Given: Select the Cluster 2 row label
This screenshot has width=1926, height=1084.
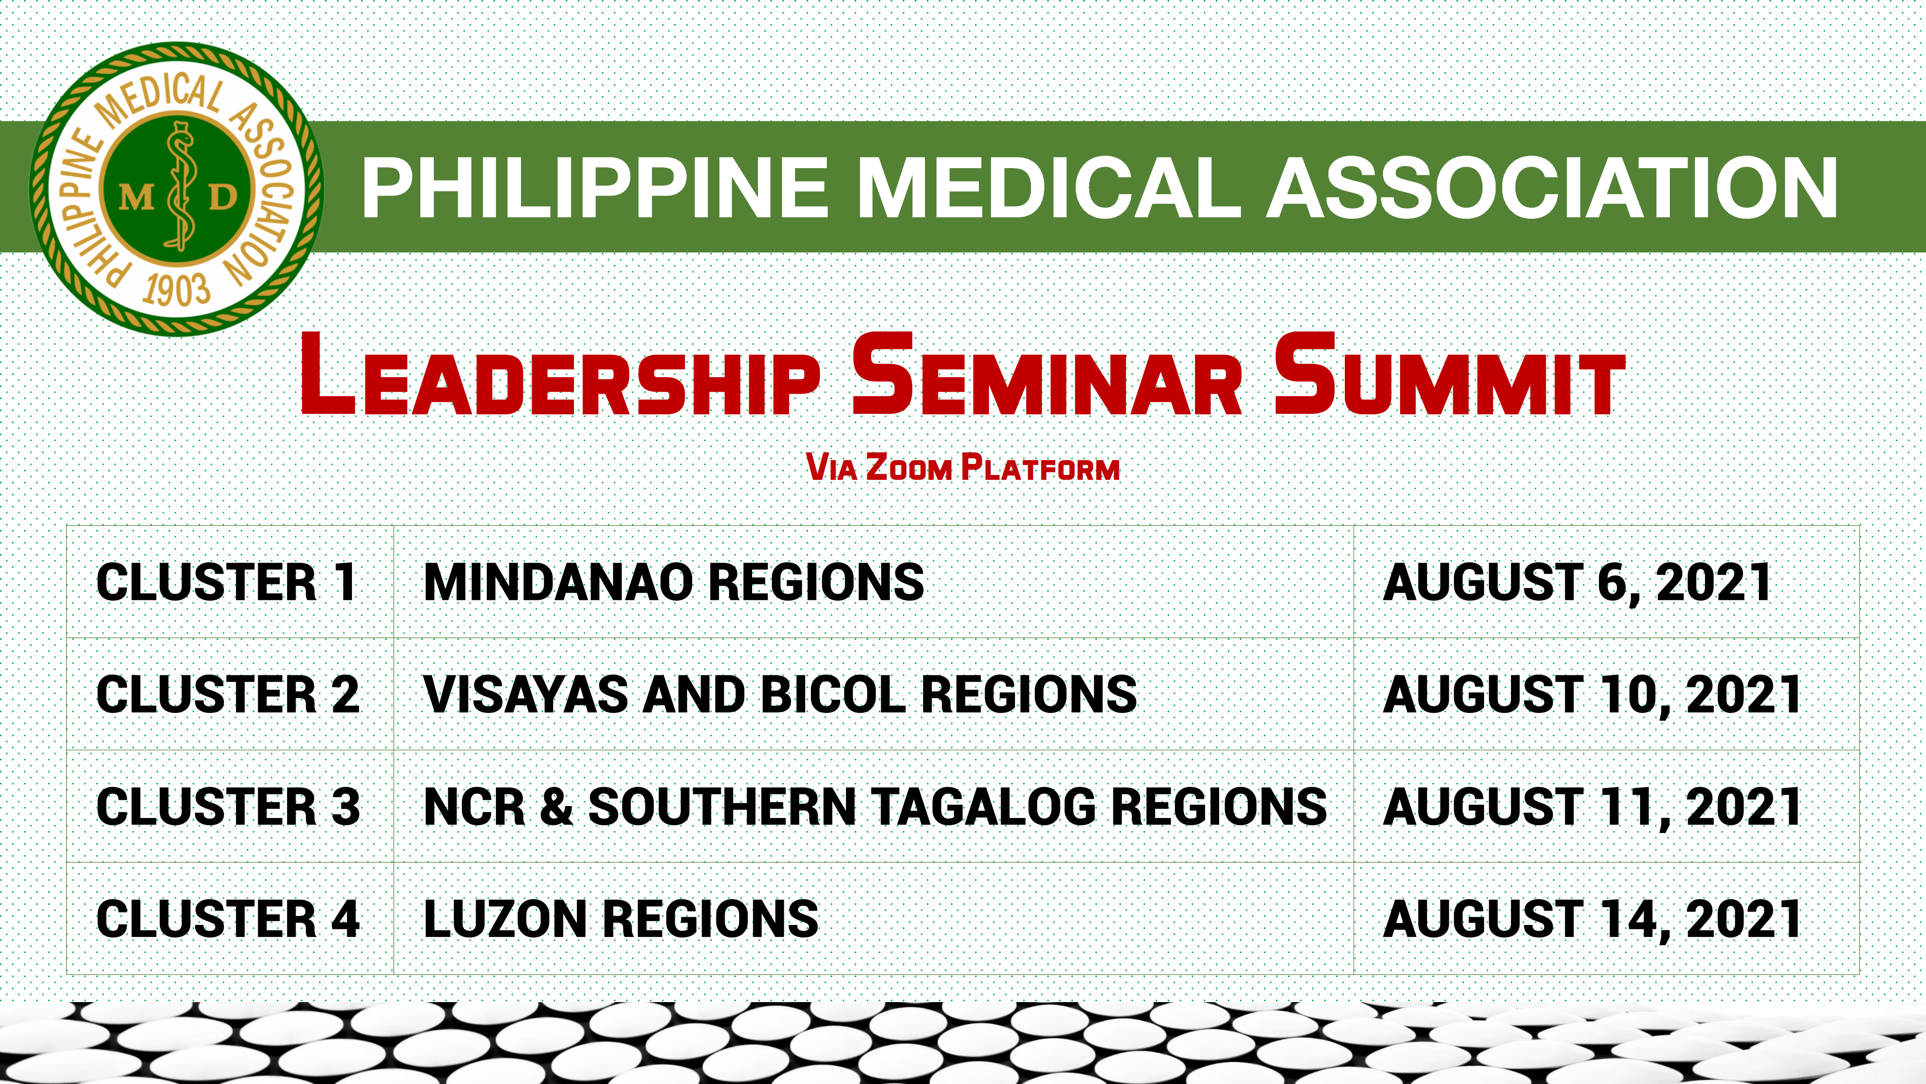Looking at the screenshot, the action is [228, 694].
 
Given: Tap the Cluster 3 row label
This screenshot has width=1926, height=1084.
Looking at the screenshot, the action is [228, 806].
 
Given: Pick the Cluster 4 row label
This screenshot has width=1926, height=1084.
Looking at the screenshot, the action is [228, 919].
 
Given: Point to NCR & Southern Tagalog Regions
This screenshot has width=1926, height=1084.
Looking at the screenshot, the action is [875, 806].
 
